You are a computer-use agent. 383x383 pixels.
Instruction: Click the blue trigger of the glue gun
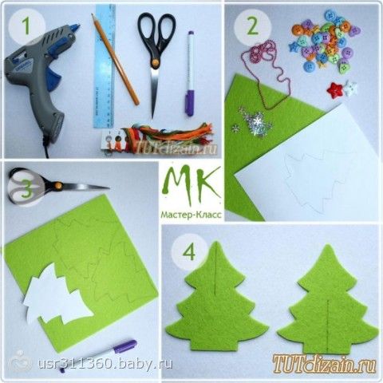point(53,77)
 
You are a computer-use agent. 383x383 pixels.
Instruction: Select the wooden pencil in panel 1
point(115,59)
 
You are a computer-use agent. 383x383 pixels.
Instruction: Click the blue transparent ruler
point(105,66)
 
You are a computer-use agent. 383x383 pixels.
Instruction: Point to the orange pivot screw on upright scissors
point(155,64)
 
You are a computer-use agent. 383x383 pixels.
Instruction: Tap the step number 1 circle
point(26,26)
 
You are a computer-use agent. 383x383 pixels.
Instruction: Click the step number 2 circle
point(252,26)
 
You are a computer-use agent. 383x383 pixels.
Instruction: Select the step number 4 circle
point(189,252)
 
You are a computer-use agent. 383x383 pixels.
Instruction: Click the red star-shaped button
point(334,89)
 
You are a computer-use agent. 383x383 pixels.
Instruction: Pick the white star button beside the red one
point(350,89)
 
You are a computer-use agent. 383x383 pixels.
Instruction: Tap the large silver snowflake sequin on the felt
point(258,123)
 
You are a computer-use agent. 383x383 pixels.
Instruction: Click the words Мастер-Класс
point(191,215)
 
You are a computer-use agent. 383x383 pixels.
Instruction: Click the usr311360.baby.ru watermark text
point(105,363)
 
